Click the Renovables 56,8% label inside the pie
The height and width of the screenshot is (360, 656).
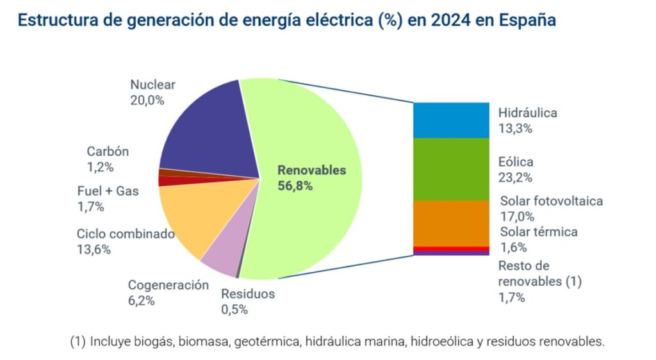311,178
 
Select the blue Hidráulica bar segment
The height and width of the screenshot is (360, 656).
451,120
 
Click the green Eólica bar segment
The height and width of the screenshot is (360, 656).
451,169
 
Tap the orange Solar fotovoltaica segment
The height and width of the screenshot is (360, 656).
451,223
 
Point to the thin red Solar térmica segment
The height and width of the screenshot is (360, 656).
451,249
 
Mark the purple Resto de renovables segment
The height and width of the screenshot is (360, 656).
451,253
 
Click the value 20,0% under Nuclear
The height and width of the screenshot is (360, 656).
147,100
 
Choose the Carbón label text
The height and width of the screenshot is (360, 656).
108,152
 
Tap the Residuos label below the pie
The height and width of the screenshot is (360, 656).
248,294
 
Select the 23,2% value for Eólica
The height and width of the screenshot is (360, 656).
515,177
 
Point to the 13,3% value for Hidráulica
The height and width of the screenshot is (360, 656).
515,128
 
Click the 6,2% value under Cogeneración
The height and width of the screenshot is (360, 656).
142,300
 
